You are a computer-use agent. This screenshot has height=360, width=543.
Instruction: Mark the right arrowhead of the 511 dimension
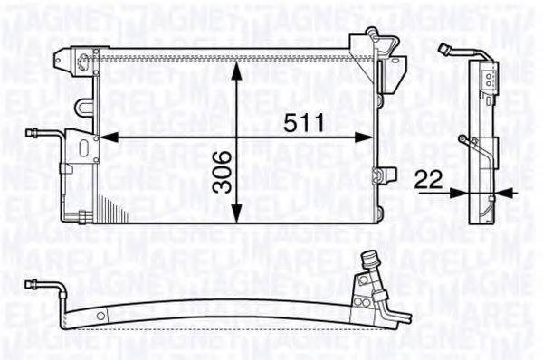tap(370, 138)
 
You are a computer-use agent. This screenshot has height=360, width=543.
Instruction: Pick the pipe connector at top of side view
tap(444, 48)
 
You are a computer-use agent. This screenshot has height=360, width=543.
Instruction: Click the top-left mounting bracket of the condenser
tap(84, 59)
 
